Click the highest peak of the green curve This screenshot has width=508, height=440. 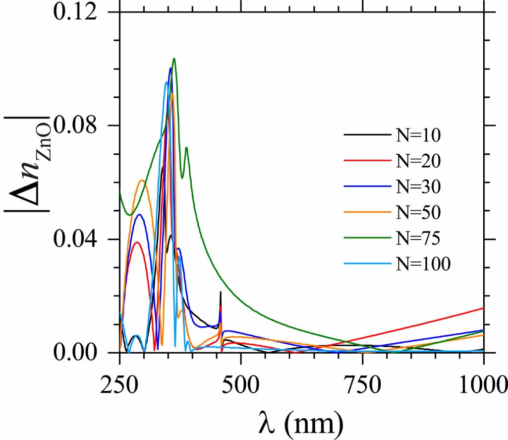[x=174, y=59]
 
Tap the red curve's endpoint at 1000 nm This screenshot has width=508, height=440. [x=483, y=308]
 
